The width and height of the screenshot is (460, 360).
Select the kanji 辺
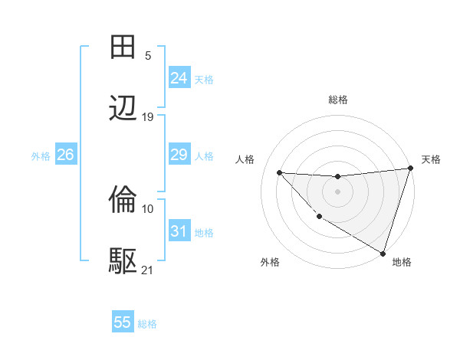(x=123, y=109)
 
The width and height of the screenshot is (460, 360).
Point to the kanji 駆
(x=123, y=261)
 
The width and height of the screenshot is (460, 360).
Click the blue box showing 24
(x=179, y=77)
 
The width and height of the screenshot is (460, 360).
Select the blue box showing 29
(x=179, y=155)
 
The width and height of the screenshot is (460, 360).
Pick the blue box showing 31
(x=179, y=231)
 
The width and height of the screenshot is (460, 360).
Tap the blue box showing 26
(x=65, y=155)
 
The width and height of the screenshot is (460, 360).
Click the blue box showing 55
(x=123, y=322)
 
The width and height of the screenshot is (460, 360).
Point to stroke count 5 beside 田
(x=148, y=56)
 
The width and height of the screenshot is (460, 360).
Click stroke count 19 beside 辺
(x=148, y=117)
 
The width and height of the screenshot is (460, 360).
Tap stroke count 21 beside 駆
(x=148, y=270)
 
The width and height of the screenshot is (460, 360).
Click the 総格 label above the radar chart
(x=337, y=100)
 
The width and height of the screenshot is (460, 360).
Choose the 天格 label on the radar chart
(x=431, y=159)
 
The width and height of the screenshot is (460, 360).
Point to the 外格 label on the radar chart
(x=270, y=263)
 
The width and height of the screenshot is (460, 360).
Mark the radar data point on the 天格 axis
(x=410, y=169)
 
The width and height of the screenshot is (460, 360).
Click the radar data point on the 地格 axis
(x=383, y=253)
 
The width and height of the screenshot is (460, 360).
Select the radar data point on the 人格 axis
(x=279, y=172)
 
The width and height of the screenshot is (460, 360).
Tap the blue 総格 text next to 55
(x=147, y=324)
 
